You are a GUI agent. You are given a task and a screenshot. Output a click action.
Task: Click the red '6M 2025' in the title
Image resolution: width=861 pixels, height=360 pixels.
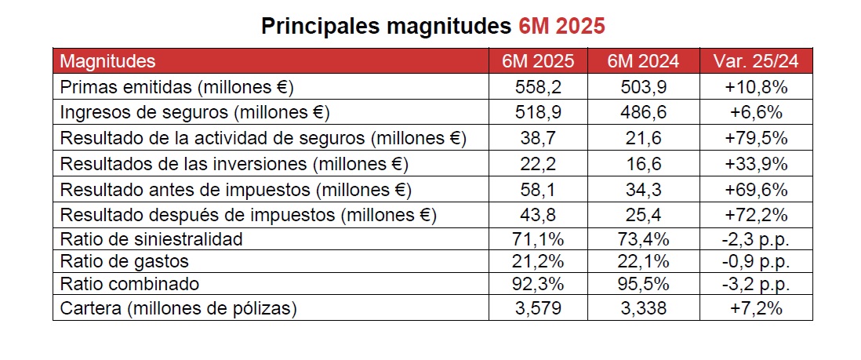(x=561, y=26)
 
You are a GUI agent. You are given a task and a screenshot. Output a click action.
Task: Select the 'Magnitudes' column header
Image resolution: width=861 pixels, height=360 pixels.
(x=108, y=61)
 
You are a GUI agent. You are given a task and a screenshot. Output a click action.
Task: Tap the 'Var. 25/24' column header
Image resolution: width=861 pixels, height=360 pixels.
(x=756, y=61)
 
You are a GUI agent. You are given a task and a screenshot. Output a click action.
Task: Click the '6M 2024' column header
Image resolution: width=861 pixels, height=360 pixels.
(x=643, y=61)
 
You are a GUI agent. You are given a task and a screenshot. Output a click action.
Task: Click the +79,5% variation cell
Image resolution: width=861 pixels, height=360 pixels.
(x=756, y=138)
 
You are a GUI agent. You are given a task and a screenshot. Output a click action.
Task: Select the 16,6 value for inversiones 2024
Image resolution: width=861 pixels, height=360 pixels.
(x=643, y=164)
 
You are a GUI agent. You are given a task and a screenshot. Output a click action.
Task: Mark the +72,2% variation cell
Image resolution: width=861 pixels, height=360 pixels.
(x=756, y=215)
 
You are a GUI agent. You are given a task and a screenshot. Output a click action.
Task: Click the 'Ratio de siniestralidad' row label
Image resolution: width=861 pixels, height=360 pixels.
(x=151, y=238)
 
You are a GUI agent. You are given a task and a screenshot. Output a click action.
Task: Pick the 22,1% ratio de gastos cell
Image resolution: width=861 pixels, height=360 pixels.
(x=643, y=261)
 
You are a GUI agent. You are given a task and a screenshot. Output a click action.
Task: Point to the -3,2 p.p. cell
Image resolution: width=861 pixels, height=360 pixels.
(x=756, y=284)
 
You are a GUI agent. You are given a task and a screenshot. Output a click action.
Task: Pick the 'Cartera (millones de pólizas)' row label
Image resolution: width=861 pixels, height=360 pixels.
(x=179, y=308)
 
